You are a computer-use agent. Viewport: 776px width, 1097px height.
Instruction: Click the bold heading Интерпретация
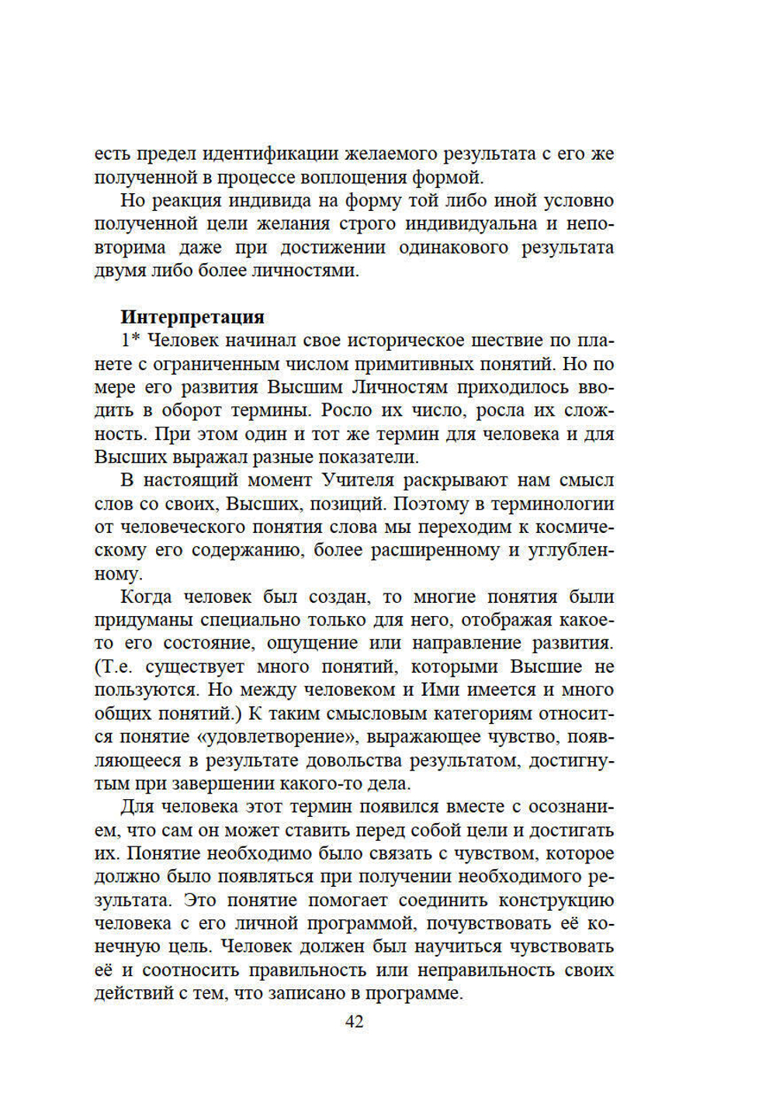pyautogui.click(x=192, y=317)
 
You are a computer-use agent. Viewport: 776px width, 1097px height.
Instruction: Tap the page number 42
pyautogui.click(x=354, y=1022)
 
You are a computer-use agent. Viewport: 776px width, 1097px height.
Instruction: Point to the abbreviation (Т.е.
pyautogui.click(x=116, y=666)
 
